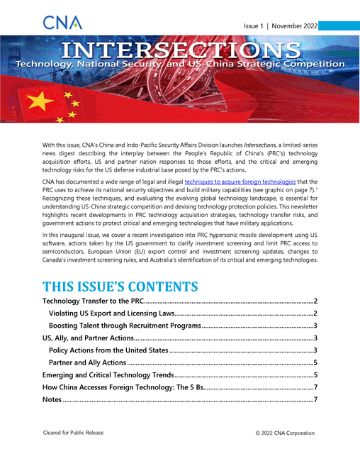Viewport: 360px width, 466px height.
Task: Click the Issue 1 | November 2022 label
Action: tap(280, 26)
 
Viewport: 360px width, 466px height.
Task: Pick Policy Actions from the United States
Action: tap(108, 350)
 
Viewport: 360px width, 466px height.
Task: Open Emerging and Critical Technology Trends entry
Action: tap(108, 375)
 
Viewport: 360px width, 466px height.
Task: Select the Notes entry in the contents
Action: tap(52, 400)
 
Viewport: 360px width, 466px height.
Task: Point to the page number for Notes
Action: tap(314, 400)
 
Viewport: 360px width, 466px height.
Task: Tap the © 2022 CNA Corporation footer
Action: tap(285, 433)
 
